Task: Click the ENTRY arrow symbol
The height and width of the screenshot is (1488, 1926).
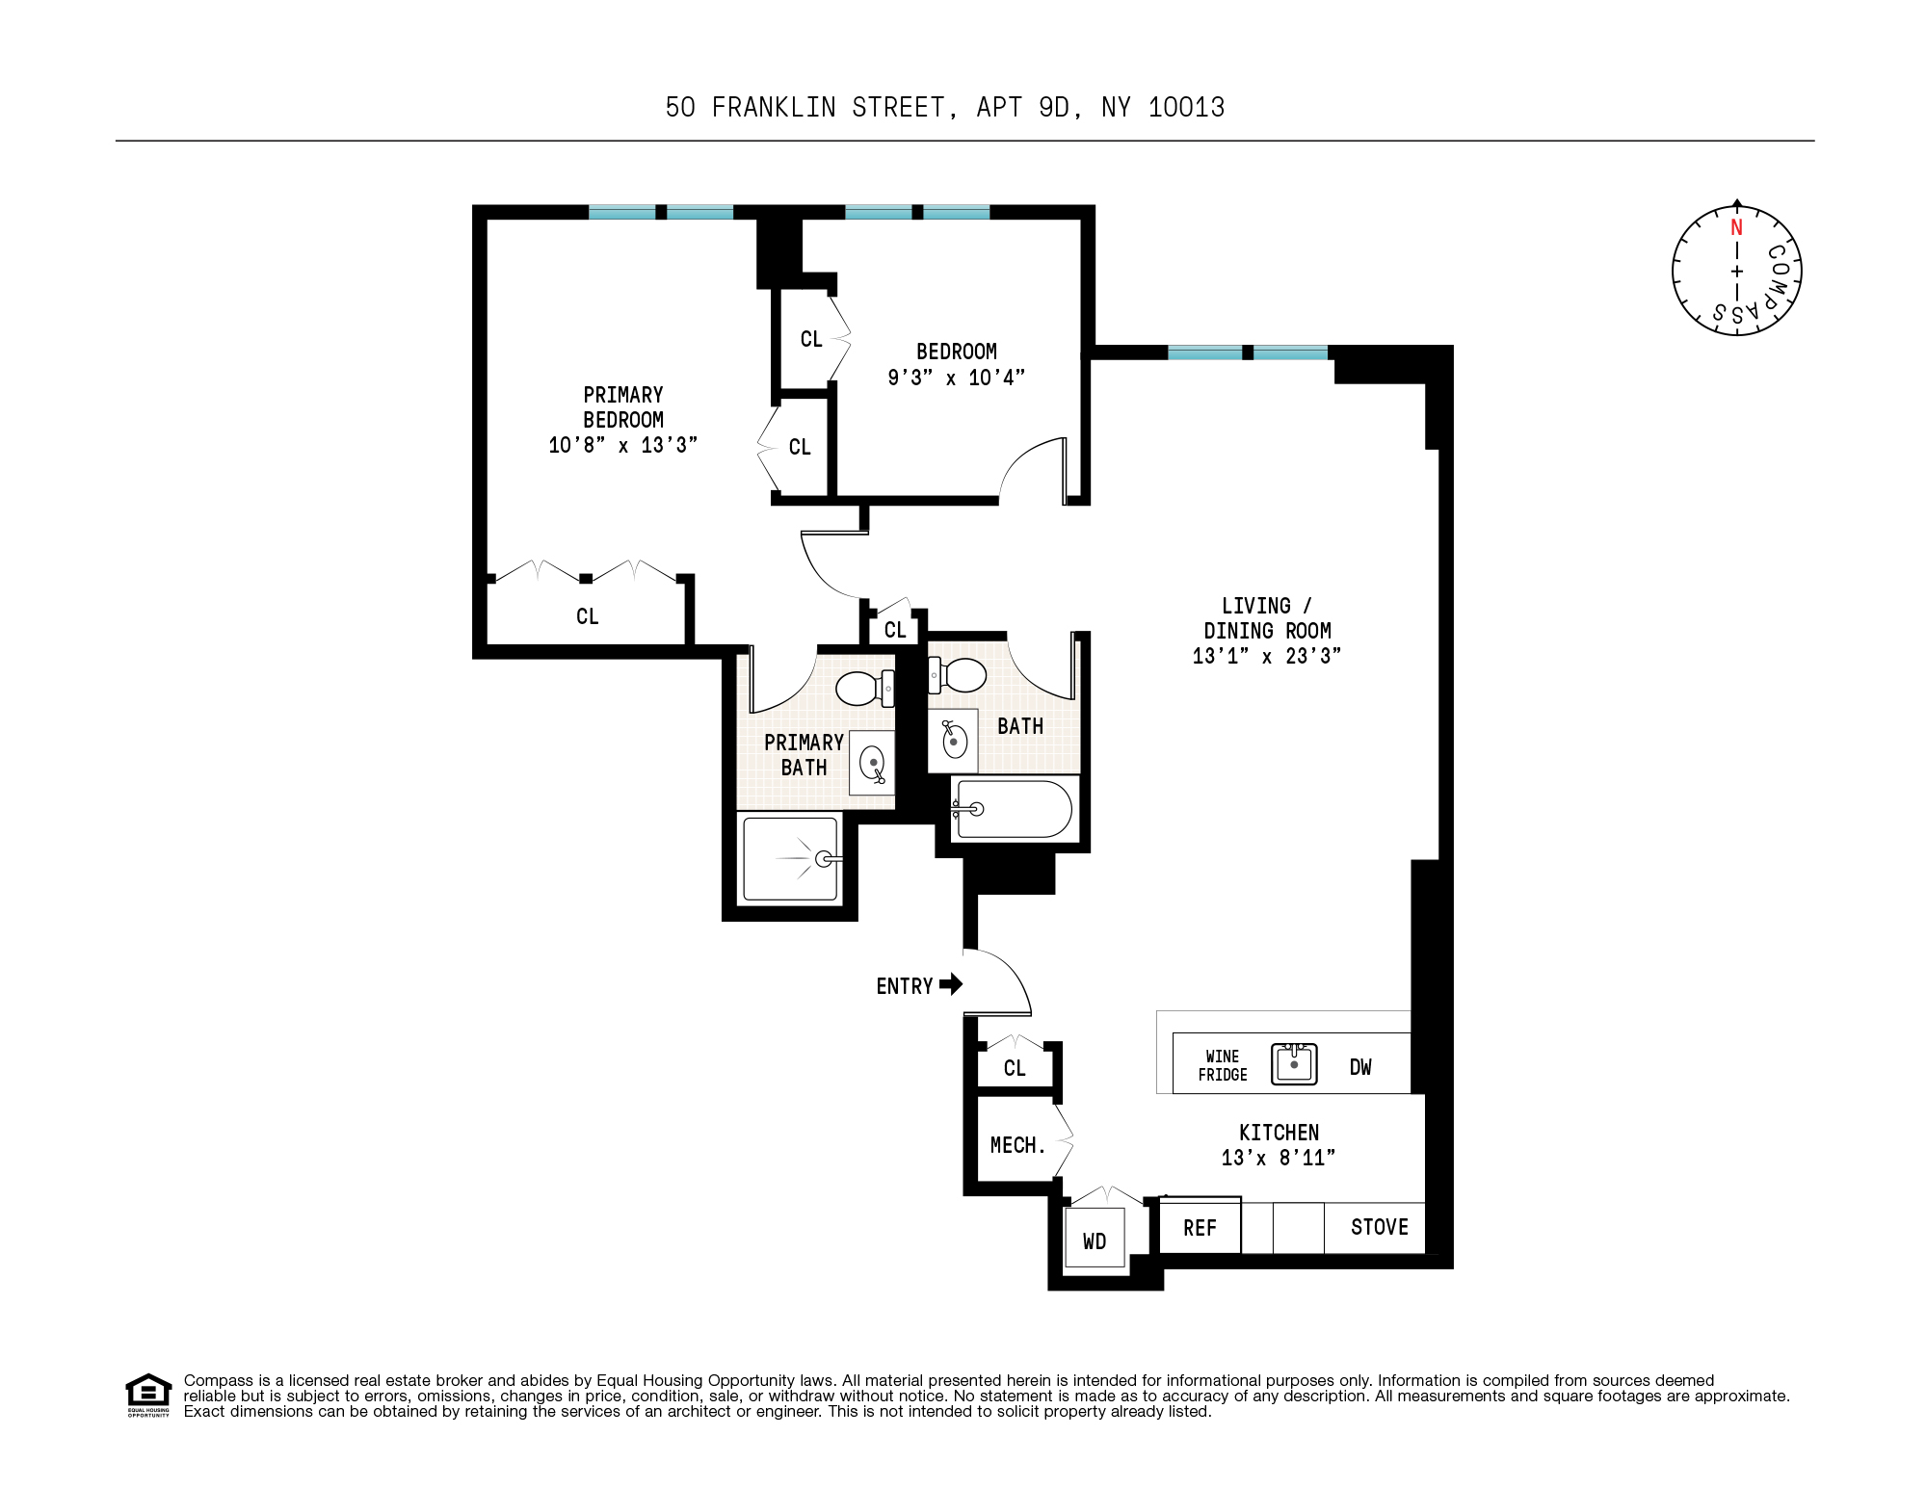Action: point(950,984)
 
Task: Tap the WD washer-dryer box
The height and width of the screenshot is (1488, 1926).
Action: point(1095,1240)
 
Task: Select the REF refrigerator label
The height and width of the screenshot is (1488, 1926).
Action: point(1200,1228)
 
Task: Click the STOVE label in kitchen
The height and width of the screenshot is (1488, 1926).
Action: point(1379,1227)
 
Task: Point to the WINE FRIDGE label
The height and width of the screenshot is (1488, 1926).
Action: point(1222,1065)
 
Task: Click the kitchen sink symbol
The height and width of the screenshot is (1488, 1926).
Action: point(1294,1064)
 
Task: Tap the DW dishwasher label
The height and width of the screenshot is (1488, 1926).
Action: point(1359,1067)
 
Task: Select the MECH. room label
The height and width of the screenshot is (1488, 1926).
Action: point(1017,1145)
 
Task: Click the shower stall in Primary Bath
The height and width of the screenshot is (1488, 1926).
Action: point(790,858)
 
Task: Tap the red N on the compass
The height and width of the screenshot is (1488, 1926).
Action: point(1736,228)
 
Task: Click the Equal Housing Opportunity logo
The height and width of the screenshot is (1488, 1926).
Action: point(148,1395)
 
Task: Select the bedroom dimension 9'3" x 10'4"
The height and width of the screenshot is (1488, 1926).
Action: point(956,378)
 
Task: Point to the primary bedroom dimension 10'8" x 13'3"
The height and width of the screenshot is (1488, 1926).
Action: point(622,445)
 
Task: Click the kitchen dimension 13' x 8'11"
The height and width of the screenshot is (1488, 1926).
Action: point(1278,1158)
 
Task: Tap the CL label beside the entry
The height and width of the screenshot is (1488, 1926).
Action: point(1014,1067)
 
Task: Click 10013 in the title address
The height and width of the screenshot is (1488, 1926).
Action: point(1186,107)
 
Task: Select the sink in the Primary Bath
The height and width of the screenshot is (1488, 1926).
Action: point(872,764)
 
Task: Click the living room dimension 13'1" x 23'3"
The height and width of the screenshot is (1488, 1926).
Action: point(1266,656)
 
